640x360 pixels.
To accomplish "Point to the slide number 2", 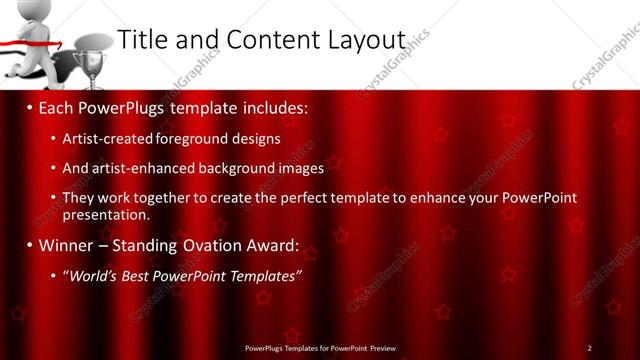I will pyautogui.click(x=589, y=347).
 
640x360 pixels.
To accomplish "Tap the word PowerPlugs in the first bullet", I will pyautogui.click(x=120, y=105).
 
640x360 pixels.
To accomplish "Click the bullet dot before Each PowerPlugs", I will pyautogui.click(x=30, y=105).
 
